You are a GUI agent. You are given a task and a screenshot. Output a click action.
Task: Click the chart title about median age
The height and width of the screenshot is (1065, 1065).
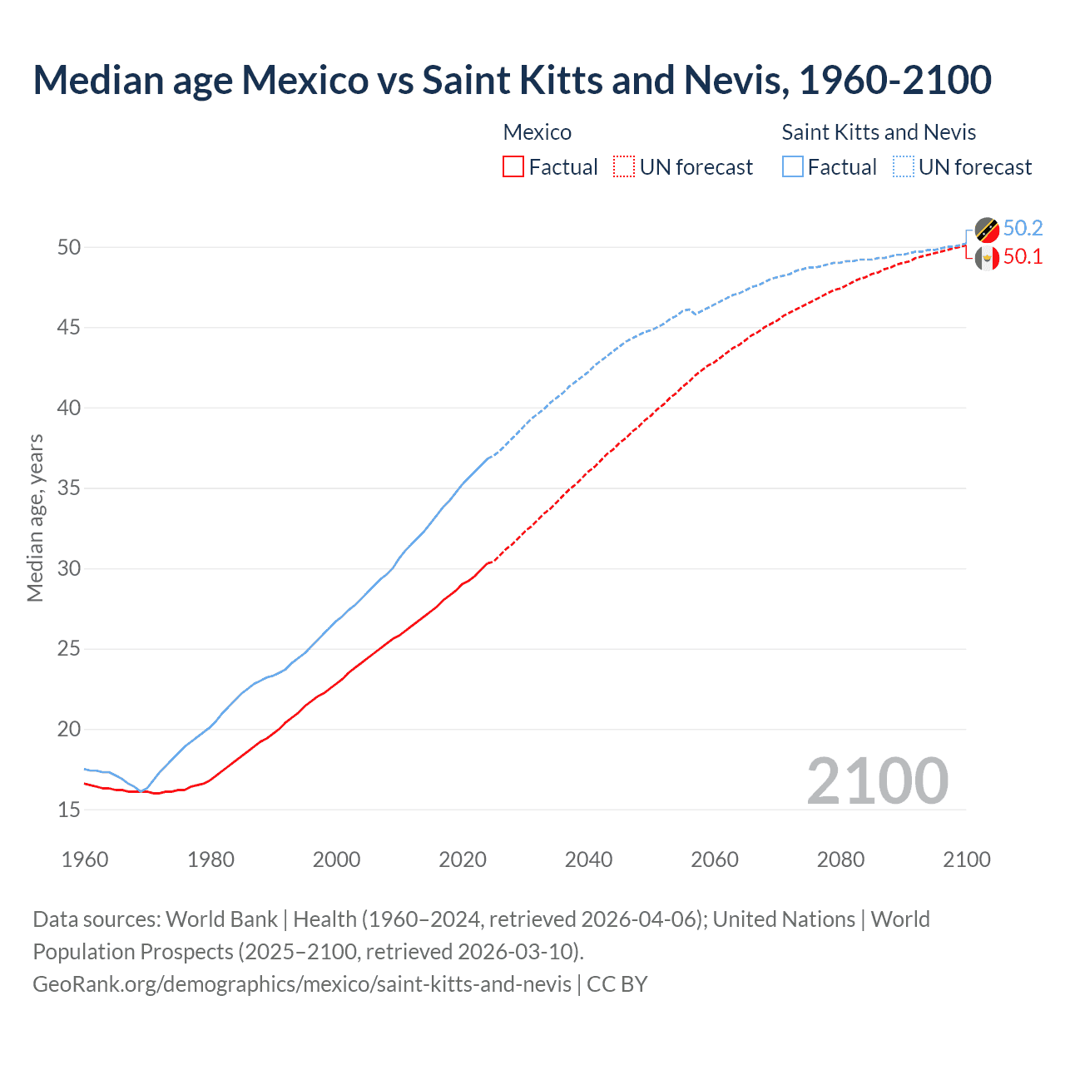[x=512, y=80]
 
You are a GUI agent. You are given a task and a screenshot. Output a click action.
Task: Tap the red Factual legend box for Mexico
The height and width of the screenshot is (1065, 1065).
[x=513, y=167]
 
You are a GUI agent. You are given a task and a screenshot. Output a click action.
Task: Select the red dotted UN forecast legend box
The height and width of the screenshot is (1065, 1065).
[x=624, y=167]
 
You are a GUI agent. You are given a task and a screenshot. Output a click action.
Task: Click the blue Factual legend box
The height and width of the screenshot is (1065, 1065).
[x=793, y=167]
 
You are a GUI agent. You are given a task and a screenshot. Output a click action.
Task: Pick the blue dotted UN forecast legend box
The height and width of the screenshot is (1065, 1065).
[x=904, y=167]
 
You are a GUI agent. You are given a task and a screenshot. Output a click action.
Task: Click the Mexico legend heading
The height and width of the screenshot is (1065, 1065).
[x=537, y=132]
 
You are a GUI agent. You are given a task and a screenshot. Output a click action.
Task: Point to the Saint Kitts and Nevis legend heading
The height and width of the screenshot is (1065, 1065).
[x=879, y=132]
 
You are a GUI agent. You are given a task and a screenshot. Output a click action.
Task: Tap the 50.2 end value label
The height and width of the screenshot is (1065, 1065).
[x=1023, y=229]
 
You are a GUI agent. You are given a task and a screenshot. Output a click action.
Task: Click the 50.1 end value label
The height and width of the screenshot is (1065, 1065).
[x=1023, y=257]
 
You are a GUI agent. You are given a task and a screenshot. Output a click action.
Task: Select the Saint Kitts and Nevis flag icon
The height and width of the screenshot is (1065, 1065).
[x=987, y=230]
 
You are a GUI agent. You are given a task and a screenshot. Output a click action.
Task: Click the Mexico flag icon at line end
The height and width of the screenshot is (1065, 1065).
[x=987, y=259]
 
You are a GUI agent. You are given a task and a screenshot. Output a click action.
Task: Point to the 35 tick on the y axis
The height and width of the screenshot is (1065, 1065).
[x=69, y=488]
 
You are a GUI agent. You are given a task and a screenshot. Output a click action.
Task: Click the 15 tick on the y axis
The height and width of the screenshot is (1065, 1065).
[x=69, y=810]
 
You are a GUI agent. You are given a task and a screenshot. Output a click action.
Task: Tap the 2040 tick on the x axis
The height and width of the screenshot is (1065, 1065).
[x=588, y=859]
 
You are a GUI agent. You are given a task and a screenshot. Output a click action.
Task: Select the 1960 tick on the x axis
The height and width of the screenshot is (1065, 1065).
[x=85, y=859]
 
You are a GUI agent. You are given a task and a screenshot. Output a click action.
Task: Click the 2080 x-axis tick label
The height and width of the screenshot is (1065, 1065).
[x=840, y=859]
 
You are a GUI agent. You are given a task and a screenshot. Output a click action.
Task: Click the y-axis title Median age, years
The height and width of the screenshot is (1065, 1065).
[x=35, y=518]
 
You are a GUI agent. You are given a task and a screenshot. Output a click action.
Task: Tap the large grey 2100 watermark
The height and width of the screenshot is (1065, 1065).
[x=877, y=781]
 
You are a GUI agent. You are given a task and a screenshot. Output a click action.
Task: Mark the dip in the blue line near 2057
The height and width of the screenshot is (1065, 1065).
[x=696, y=314]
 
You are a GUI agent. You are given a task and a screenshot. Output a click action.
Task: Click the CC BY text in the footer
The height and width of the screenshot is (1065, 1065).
[x=617, y=984]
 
